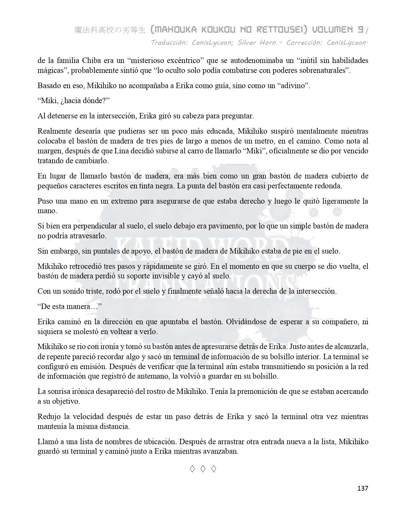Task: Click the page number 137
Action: click(x=363, y=488)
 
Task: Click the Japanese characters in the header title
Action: click(x=110, y=30)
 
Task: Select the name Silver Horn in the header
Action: click(x=257, y=42)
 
